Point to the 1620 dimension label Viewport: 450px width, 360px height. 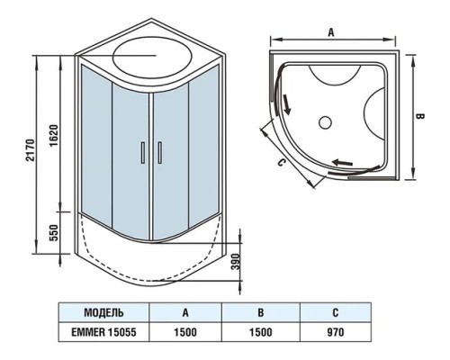54,135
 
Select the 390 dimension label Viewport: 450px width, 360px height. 237,262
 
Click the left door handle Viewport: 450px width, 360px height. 143,153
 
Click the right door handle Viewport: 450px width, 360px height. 160,153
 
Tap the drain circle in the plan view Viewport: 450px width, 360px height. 325,122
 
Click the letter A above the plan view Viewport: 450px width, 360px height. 331,32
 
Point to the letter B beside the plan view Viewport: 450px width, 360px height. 420,116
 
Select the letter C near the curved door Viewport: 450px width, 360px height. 281,162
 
